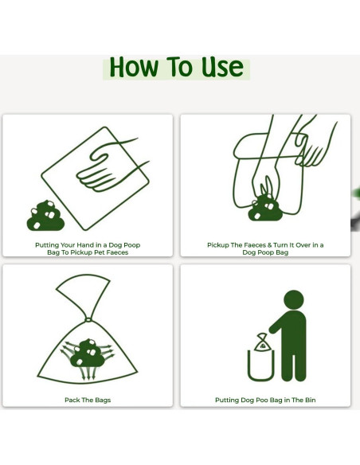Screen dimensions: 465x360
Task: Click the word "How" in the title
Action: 133,68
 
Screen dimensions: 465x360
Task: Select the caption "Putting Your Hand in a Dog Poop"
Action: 88,245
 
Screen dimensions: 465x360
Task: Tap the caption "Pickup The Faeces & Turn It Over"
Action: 265,245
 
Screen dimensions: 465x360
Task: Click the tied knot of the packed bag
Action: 89,318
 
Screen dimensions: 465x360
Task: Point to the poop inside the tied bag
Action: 87,354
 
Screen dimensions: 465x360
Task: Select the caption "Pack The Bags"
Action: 88,400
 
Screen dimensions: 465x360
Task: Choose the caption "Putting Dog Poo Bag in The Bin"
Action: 265,400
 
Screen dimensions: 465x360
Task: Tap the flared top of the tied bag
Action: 82,291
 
